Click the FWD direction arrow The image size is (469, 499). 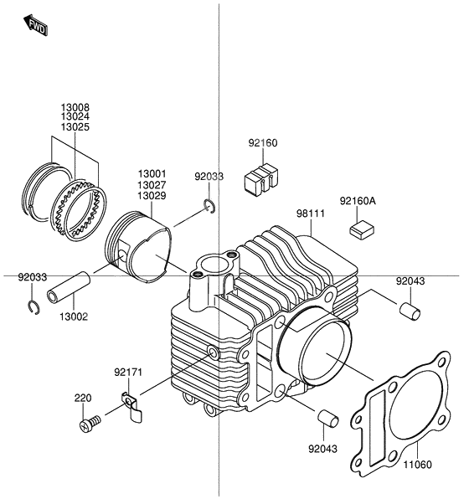[37, 27]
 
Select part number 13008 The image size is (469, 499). [75, 108]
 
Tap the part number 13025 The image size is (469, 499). [75, 127]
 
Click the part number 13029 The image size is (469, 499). [153, 195]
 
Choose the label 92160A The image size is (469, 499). [358, 201]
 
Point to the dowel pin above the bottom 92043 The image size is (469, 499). [326, 416]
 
